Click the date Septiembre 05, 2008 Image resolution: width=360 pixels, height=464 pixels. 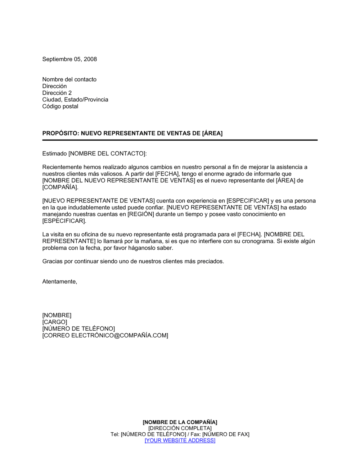69,59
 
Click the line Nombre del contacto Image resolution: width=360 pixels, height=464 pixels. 69,79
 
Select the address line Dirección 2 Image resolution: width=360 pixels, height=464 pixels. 57,93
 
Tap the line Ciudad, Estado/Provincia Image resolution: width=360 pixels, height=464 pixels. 75,100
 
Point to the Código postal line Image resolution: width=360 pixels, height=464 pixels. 60,106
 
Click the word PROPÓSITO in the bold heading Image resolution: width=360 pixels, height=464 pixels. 60,133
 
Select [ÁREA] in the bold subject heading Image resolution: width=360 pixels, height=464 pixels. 212,133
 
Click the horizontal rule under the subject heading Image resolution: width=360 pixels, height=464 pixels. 180,140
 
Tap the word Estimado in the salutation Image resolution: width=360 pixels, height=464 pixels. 54,154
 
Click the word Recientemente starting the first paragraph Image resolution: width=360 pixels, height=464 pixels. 62,167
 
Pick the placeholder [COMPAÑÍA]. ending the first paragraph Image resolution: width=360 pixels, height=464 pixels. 60,187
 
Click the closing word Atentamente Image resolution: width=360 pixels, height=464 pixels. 59,282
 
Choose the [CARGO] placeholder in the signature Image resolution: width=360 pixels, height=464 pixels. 55,322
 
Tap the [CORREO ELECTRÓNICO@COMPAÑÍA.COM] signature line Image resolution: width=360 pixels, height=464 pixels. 105,336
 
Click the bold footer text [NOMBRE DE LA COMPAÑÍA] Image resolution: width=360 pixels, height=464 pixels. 180,422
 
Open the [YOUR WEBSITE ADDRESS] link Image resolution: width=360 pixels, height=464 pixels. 180,441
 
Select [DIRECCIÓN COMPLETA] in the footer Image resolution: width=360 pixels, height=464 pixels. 180,428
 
